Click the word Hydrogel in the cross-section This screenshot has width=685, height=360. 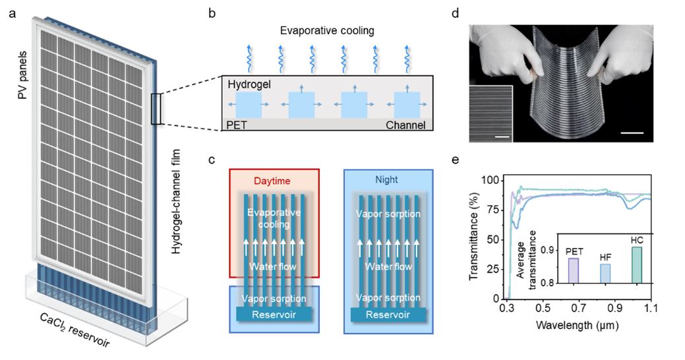coord(249,85)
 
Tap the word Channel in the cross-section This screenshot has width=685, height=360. coord(405,125)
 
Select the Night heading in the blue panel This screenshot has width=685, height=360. coord(387,180)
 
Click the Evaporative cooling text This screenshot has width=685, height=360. coord(274,218)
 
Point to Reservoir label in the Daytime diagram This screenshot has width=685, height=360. coord(274,315)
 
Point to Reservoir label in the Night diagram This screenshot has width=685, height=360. coord(388,315)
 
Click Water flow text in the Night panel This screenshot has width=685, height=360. coord(388,266)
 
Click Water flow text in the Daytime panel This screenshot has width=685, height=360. coord(274,266)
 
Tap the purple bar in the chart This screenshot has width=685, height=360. coord(574,271)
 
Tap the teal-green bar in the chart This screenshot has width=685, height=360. coord(637,265)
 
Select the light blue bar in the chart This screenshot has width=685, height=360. coord(605,274)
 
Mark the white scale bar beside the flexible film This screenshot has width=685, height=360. coord(632,133)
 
